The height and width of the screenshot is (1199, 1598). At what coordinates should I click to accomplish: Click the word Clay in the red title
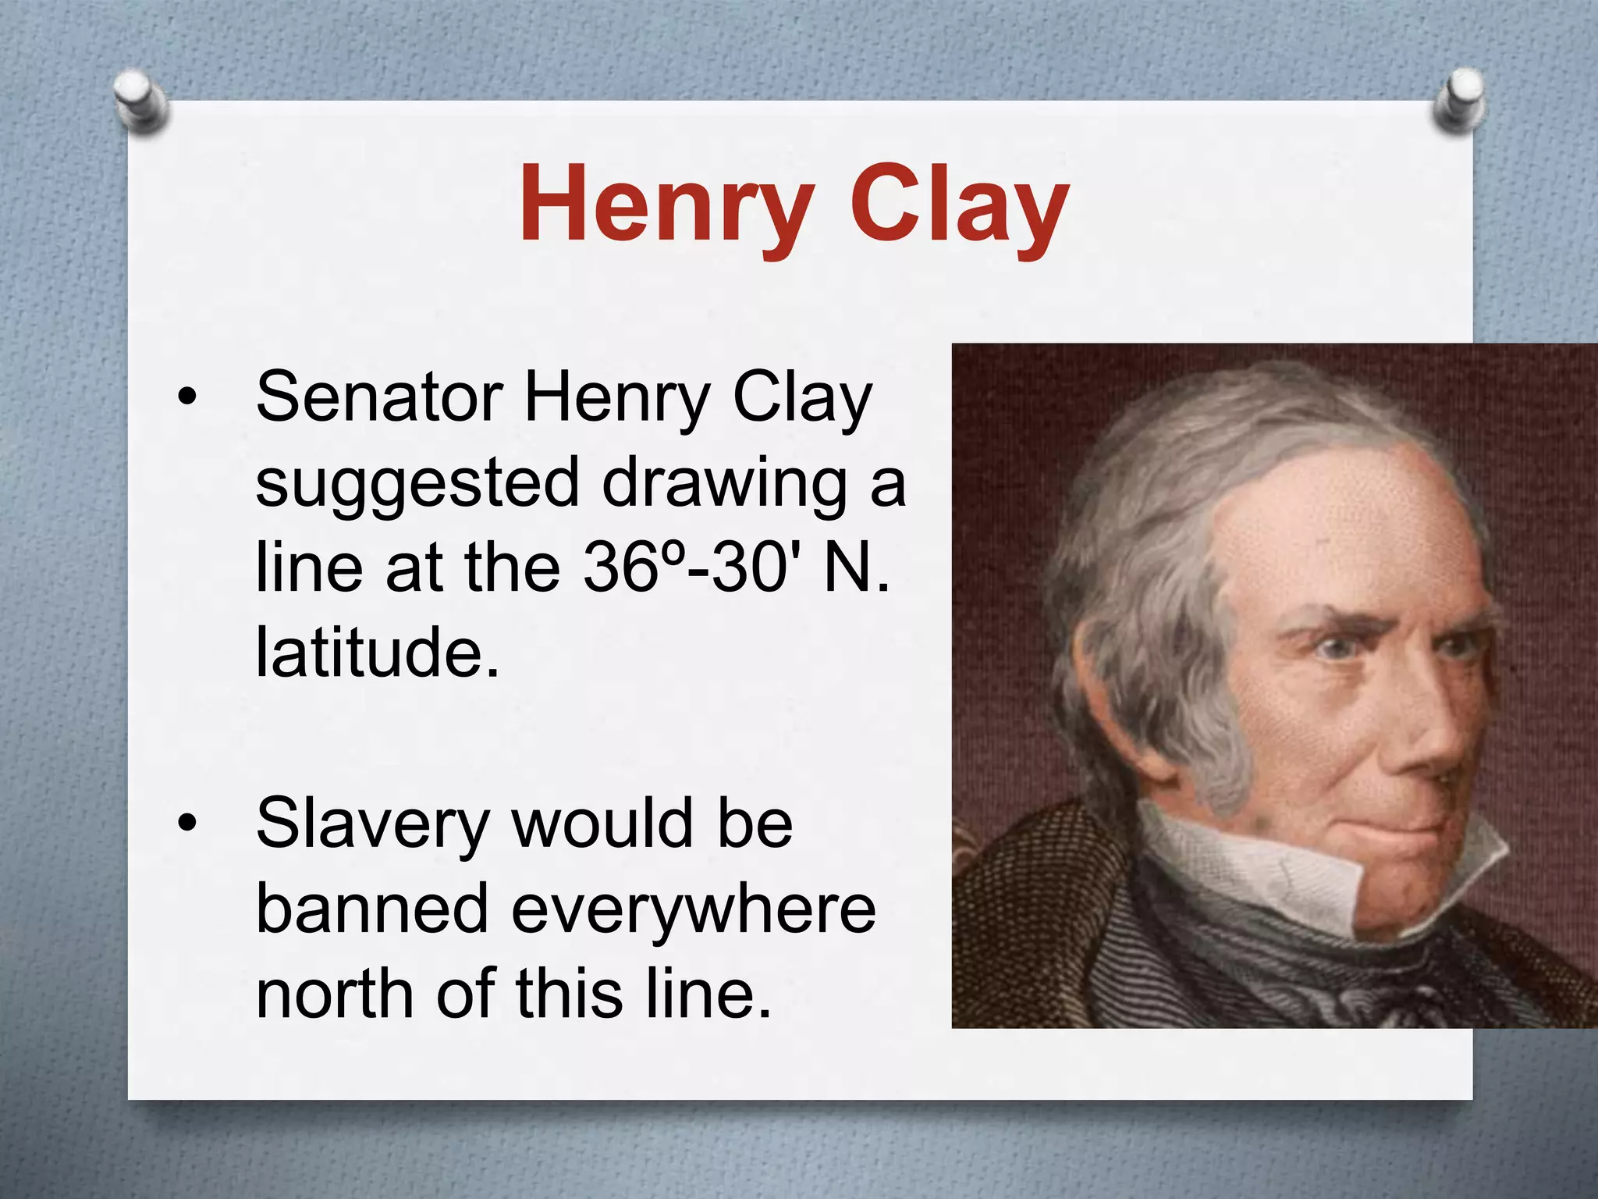959,205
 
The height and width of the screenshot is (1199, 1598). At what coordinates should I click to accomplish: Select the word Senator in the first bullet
379,398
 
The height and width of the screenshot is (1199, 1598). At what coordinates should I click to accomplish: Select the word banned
371,909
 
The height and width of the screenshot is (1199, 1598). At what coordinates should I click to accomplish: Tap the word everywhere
694,909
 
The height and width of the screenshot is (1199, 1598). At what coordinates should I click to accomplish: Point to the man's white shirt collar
1264,866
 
